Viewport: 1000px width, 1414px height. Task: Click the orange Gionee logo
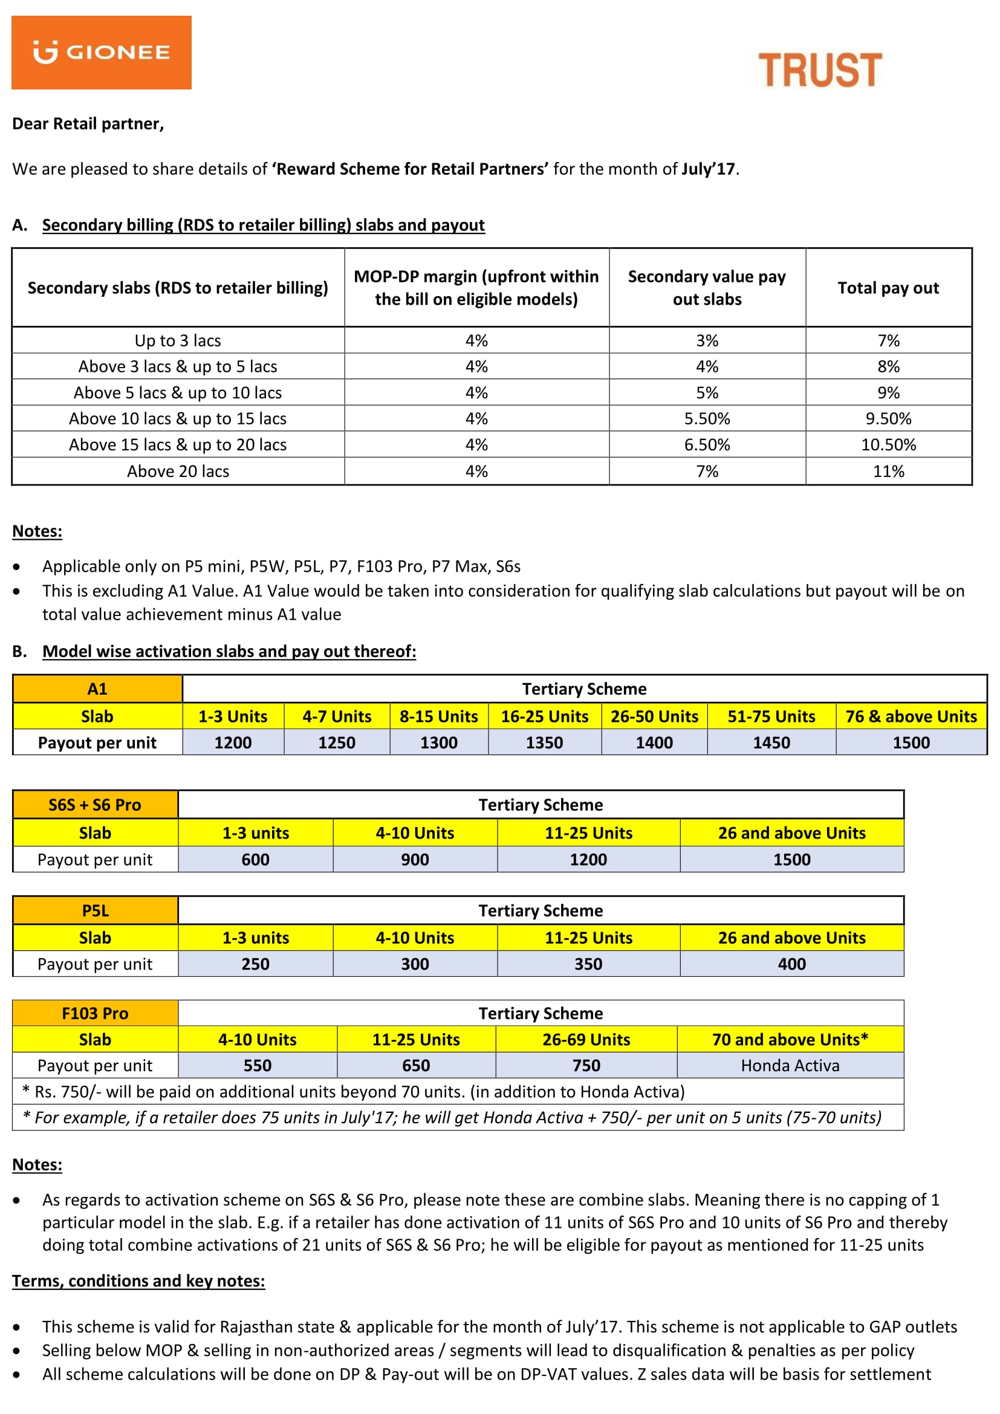[101, 53]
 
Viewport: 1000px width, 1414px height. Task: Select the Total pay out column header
[888, 288]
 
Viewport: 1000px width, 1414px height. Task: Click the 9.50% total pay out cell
[888, 419]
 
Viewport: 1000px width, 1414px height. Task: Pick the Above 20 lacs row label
[178, 471]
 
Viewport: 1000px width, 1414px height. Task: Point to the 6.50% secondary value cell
[707, 445]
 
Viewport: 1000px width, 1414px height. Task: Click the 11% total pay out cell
[888, 471]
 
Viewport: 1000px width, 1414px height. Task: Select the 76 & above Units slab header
[911, 716]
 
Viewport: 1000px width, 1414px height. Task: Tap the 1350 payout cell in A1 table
[544, 743]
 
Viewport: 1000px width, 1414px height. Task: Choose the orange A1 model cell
[97, 689]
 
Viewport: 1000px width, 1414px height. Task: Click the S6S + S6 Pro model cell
[95, 805]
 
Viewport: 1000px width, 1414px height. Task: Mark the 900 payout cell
[415, 860]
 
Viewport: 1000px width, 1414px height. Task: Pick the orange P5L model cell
[95, 910]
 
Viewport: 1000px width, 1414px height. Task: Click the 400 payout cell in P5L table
[791, 964]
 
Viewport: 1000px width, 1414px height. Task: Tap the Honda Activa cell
[790, 1065]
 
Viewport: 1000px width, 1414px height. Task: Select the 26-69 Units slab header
[586, 1040]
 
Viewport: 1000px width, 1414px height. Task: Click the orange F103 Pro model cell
[95, 1013]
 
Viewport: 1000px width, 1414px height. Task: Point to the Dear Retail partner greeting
[88, 124]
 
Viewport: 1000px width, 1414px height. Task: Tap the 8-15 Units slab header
[438, 716]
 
